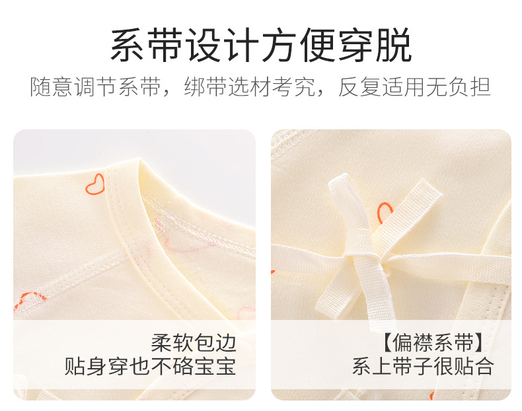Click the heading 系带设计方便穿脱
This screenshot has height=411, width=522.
(261, 45)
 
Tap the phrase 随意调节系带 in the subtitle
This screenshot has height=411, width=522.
(96, 87)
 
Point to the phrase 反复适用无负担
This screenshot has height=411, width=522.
(414, 87)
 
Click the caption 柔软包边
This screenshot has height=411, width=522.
(194, 343)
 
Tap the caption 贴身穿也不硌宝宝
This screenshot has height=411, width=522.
(150, 366)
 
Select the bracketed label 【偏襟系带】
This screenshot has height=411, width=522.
(433, 342)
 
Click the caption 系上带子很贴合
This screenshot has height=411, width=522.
(423, 366)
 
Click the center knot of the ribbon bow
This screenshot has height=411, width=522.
(382, 259)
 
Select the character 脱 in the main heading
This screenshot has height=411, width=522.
(394, 45)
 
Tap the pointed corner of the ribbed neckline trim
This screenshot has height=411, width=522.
(140, 162)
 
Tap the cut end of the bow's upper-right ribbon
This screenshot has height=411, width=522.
(432, 188)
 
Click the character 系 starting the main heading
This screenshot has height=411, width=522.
(128, 45)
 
